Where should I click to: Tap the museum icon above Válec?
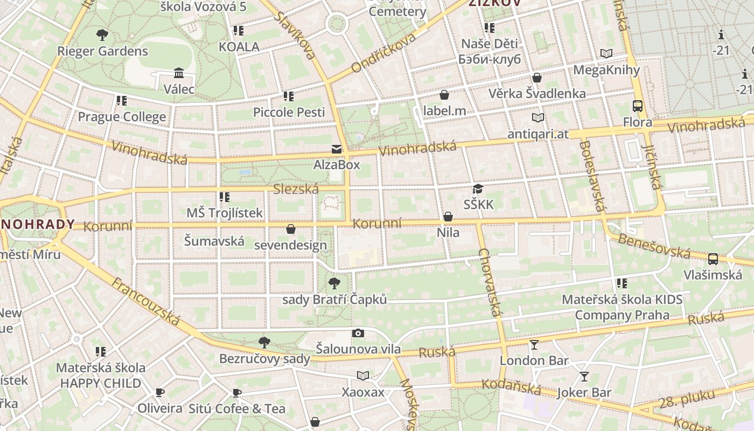[179, 73]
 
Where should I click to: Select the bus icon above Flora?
[638, 106]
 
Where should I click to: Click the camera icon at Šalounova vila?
[358, 333]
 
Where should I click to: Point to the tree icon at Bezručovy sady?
[264, 342]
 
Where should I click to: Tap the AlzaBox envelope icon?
[337, 149]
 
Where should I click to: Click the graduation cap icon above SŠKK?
[478, 189]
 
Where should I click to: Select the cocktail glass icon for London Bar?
[534, 345]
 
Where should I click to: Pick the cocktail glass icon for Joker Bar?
[584, 377]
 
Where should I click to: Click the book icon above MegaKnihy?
[606, 53]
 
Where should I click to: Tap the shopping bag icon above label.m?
[444, 95]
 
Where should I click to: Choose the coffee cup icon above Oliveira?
[159, 392]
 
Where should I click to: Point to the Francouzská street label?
[145, 301]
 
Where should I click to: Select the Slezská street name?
[296, 189]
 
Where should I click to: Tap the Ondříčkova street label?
[384, 52]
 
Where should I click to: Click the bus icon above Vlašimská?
[713, 259]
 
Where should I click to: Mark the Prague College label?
[122, 117]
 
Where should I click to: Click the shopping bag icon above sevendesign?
[291, 230]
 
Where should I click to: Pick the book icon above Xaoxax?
[364, 376]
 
